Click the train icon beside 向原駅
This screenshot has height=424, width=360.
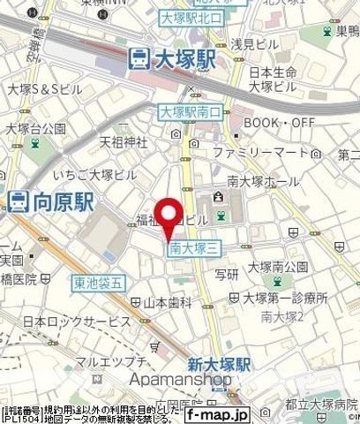pos(19,202)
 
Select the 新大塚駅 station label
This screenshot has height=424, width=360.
pos(219,364)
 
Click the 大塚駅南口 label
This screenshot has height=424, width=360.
pos(191,111)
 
